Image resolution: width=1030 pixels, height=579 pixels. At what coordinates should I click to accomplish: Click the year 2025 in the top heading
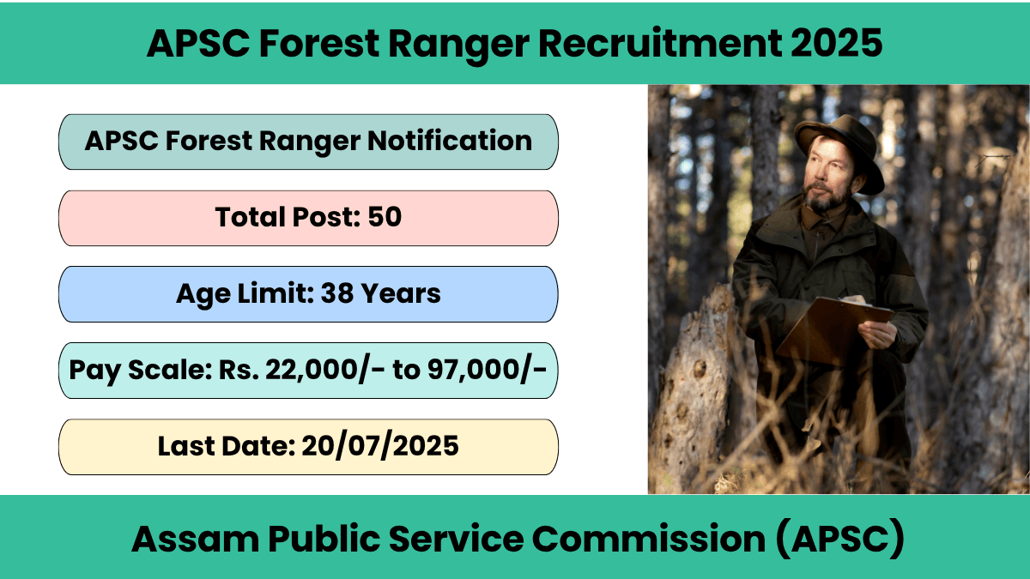(x=836, y=43)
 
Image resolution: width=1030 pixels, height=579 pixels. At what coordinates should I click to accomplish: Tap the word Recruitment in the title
(x=660, y=43)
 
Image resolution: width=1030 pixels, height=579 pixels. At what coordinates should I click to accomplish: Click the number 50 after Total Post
(x=385, y=216)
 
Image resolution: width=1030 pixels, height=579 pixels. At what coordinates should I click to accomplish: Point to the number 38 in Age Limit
(x=336, y=293)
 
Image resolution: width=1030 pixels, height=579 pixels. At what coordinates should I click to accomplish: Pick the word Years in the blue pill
(x=400, y=293)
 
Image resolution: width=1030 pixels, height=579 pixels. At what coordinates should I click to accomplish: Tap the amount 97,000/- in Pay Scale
(x=487, y=370)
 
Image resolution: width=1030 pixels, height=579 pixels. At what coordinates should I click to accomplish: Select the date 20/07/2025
(x=379, y=446)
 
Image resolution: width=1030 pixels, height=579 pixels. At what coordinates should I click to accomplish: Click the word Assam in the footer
(x=196, y=539)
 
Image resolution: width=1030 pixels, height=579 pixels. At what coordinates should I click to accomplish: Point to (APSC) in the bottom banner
(x=839, y=539)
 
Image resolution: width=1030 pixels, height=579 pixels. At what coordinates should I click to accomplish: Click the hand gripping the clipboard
(x=877, y=333)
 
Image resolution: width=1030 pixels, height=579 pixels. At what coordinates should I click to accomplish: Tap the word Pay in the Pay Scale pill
(x=95, y=371)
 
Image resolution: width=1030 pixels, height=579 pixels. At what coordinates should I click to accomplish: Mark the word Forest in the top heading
(x=319, y=43)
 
